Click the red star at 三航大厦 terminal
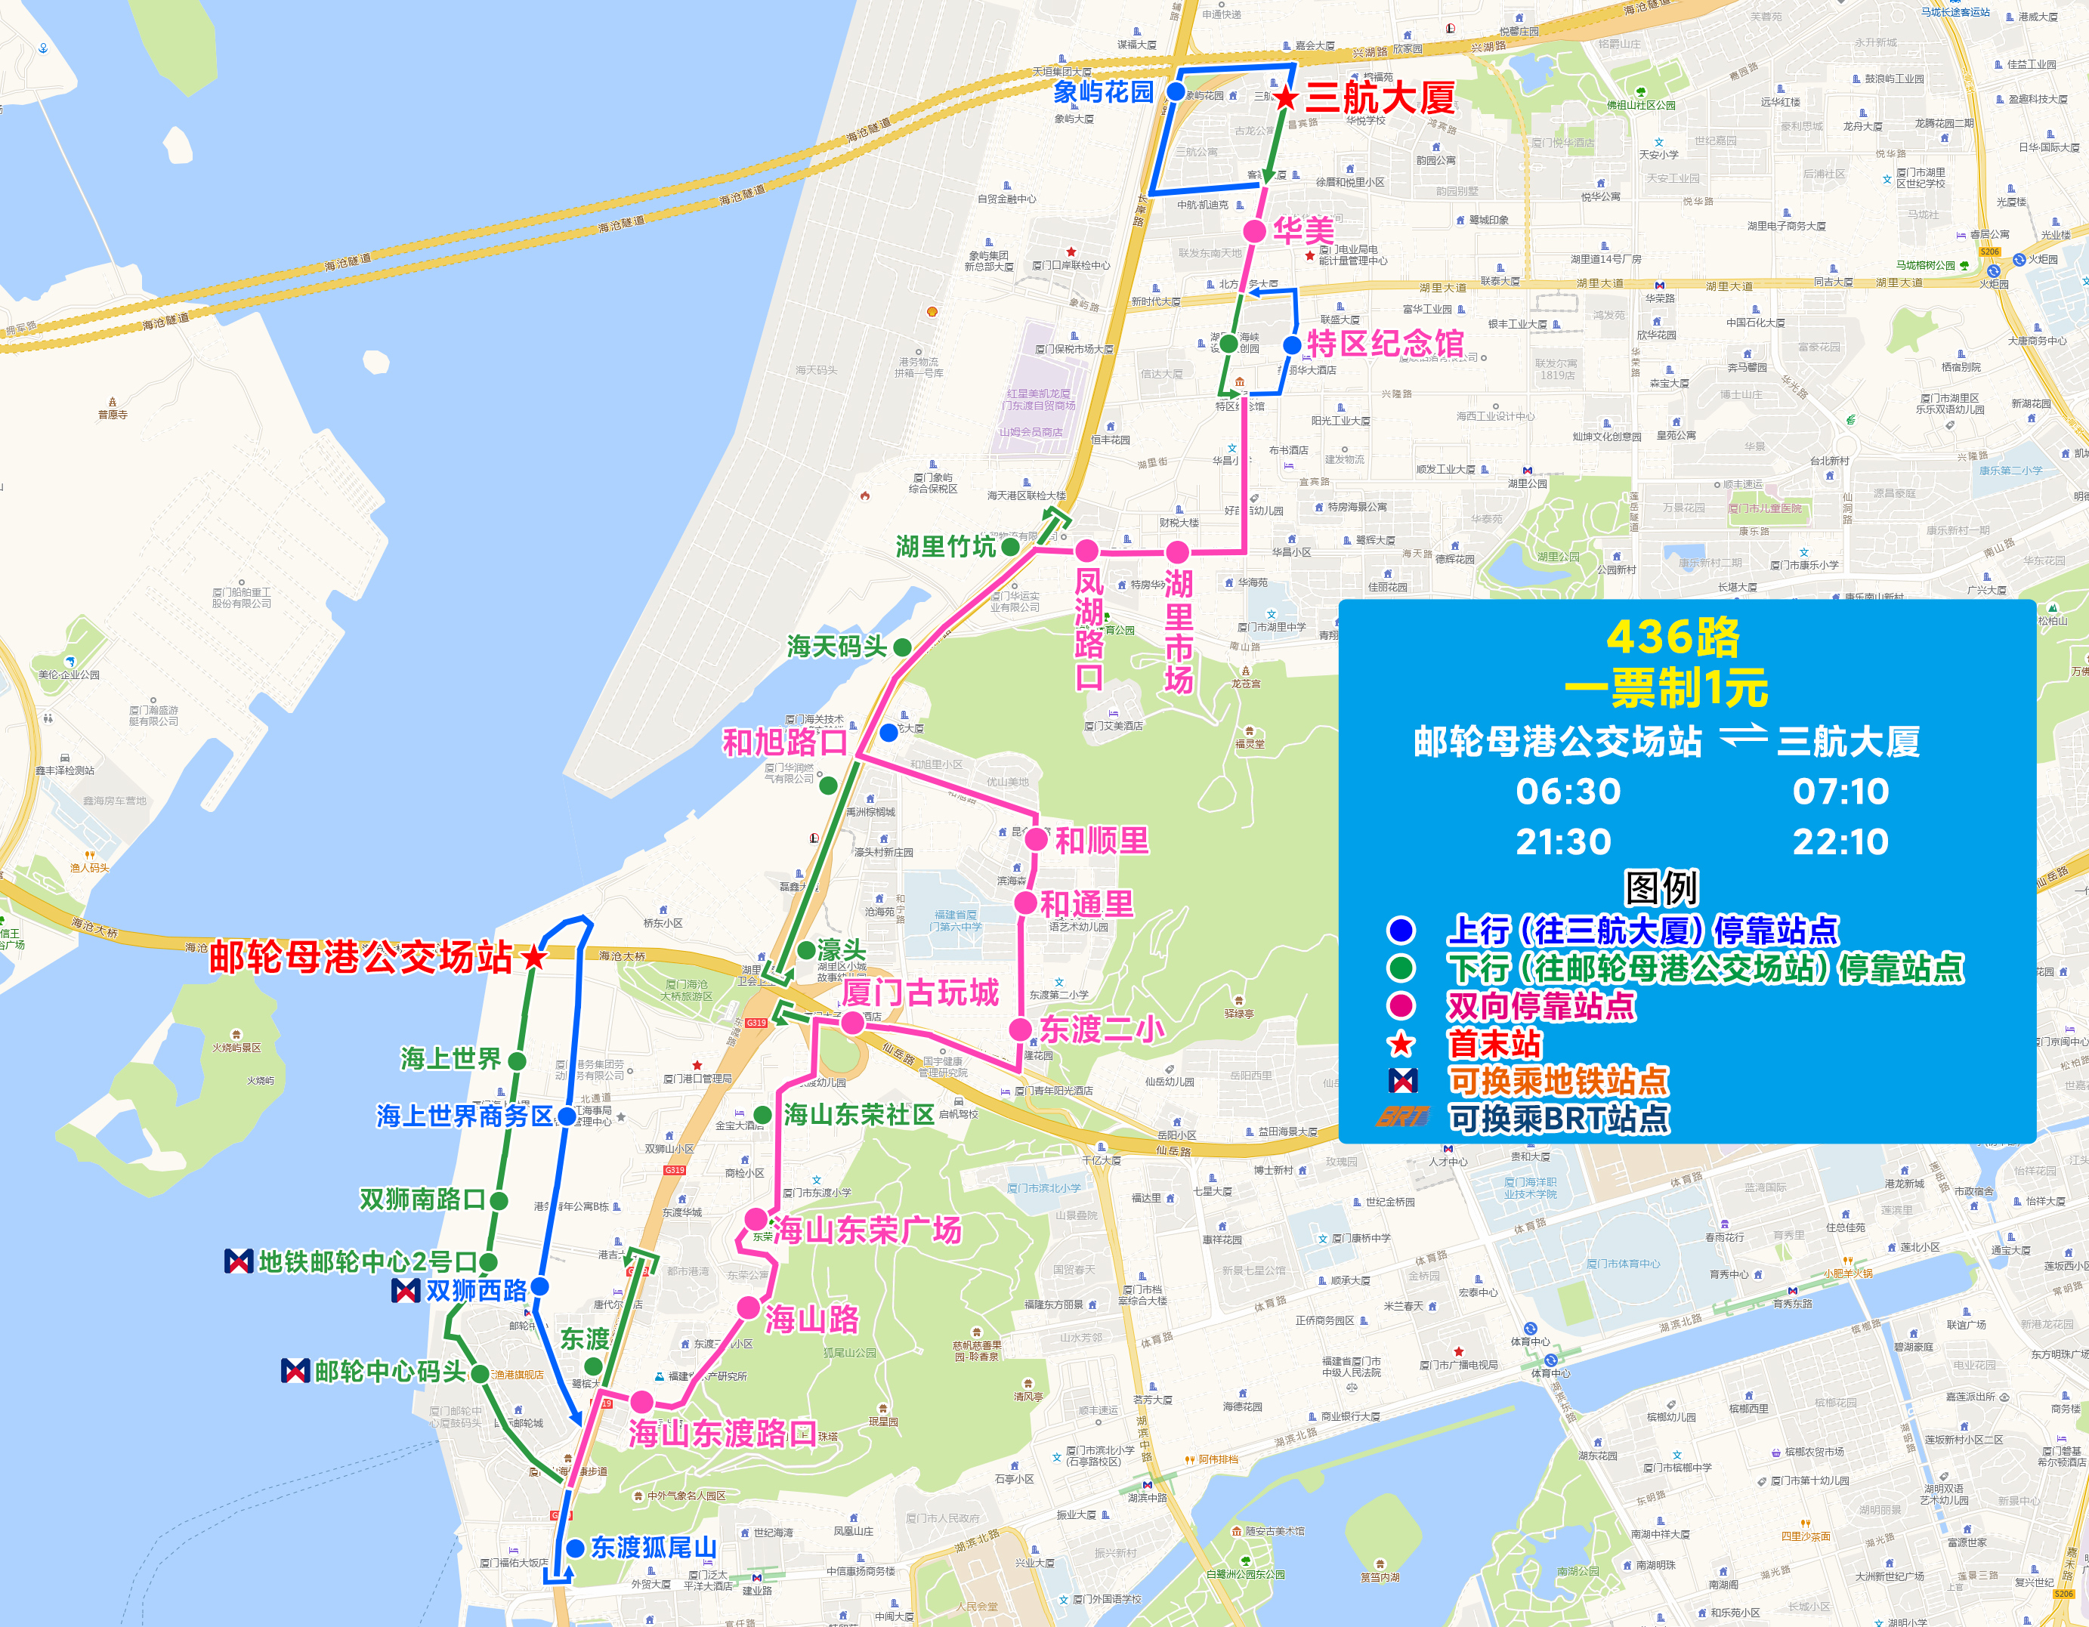click(x=1287, y=97)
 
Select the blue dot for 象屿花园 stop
click(x=1176, y=92)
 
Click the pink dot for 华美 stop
click(x=1254, y=230)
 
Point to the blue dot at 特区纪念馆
click(x=1291, y=344)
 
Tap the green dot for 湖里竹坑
click(x=1009, y=546)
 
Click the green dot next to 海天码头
click(x=901, y=647)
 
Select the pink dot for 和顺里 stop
click(x=1036, y=840)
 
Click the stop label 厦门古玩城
click(x=920, y=993)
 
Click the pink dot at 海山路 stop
click(x=749, y=1307)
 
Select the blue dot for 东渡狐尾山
click(x=575, y=1548)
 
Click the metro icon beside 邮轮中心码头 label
click(x=295, y=1371)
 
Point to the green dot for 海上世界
click(x=517, y=1060)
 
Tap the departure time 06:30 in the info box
click(x=1568, y=791)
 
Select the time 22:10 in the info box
click(x=1840, y=841)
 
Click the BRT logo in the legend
click(x=1402, y=1117)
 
